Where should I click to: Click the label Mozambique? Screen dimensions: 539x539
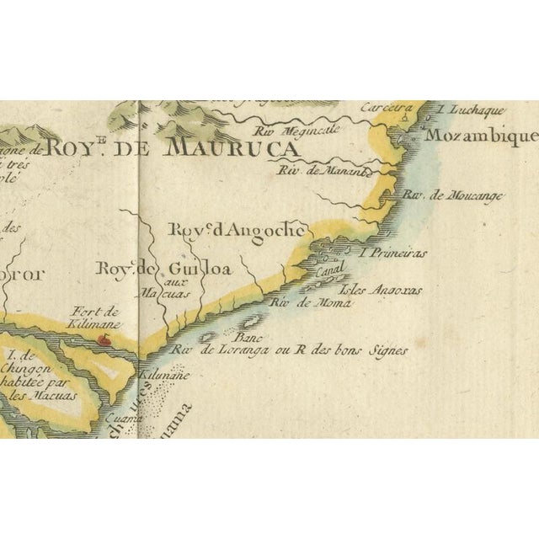481,136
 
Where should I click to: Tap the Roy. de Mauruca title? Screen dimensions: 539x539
173,148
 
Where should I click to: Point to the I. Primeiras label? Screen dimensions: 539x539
393,252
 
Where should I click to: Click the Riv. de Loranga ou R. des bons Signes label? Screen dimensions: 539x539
288,350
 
